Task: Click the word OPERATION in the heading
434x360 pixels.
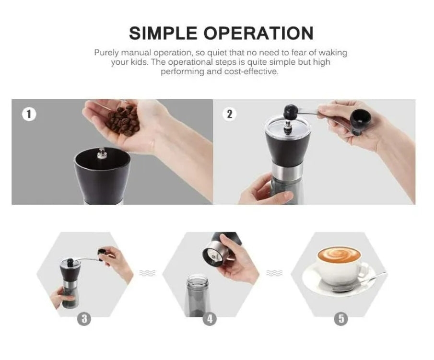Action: point(258,33)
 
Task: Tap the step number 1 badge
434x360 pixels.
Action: point(29,114)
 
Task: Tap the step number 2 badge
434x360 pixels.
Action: point(229,114)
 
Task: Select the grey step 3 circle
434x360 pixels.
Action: point(84,319)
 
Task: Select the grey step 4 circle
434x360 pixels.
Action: point(209,319)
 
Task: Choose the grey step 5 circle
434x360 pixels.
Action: point(340,319)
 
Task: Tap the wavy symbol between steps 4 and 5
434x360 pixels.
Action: point(274,273)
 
